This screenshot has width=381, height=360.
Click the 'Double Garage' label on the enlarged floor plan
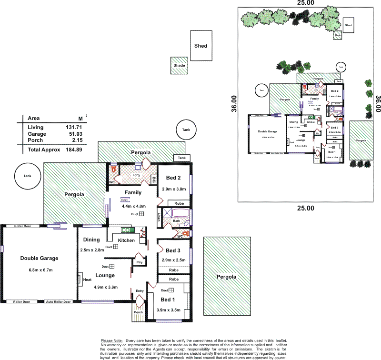39,259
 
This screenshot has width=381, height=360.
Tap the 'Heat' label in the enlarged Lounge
87,280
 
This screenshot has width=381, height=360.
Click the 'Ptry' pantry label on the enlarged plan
139,262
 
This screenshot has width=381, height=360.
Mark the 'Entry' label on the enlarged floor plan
140,291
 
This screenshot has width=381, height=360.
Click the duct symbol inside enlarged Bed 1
171,290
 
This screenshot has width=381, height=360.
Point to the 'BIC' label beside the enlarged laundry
154,180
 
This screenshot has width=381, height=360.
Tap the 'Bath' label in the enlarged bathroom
176,221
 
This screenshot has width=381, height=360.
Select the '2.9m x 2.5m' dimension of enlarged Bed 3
173,260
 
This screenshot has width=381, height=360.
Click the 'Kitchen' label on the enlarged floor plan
126,240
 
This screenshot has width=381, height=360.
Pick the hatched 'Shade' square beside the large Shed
179,66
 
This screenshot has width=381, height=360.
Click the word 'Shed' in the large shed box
201,46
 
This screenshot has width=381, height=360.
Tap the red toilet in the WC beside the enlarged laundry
113,169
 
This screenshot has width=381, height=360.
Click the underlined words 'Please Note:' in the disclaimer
112,340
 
